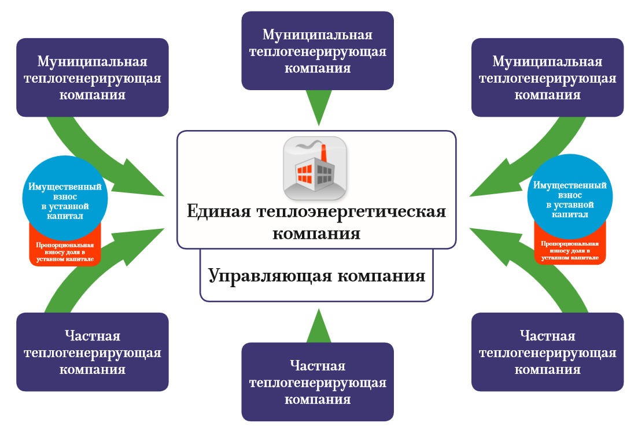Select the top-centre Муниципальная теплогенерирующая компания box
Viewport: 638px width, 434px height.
[x=318, y=51]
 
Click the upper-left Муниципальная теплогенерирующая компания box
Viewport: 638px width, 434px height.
[x=93, y=77]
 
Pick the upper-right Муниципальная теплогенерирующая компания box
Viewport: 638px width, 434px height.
[x=548, y=77]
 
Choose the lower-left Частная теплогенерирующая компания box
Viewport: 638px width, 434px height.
[x=93, y=352]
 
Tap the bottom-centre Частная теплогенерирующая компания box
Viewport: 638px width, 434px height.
[x=318, y=382]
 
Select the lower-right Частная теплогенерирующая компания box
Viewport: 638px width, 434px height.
[x=548, y=352]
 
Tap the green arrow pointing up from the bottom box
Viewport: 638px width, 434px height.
[x=318, y=327]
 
